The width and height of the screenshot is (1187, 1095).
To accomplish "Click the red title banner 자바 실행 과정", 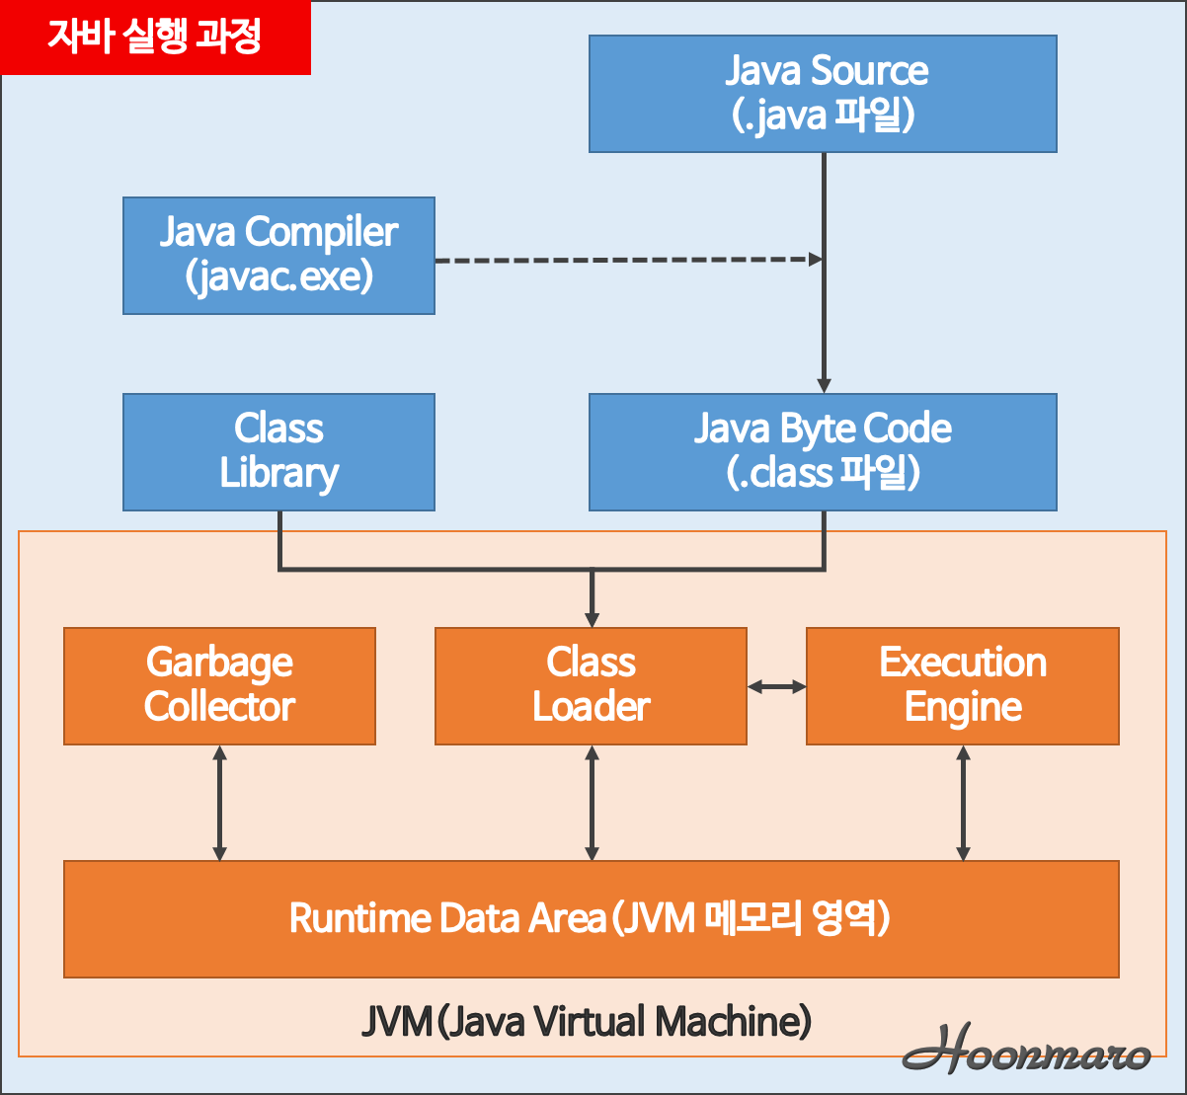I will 155,38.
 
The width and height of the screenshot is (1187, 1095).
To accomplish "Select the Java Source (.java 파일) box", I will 823,94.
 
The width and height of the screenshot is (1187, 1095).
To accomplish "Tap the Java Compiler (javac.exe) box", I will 278,256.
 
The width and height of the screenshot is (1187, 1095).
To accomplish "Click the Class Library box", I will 278,452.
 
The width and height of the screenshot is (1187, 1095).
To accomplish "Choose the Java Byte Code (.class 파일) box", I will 823,452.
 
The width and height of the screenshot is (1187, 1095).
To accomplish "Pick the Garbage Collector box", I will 219,685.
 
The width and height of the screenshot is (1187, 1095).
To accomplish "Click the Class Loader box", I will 591,685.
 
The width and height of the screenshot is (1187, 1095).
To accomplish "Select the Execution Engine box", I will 963,685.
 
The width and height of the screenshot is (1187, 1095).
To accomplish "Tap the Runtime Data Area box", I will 591,918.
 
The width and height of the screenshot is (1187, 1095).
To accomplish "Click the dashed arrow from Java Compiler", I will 628,260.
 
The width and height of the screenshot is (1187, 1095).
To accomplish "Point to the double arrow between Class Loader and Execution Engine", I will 777,686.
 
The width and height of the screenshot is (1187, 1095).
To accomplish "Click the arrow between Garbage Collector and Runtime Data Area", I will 219,803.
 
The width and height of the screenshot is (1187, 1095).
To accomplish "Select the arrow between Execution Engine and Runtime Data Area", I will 964,803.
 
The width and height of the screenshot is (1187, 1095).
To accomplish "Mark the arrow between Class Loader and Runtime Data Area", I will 592,803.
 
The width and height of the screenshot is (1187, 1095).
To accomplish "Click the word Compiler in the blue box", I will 321,233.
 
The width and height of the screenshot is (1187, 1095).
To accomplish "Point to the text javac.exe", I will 278,277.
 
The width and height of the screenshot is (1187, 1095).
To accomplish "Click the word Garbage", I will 219,663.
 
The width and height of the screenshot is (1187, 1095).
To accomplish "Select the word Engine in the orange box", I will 963,708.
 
